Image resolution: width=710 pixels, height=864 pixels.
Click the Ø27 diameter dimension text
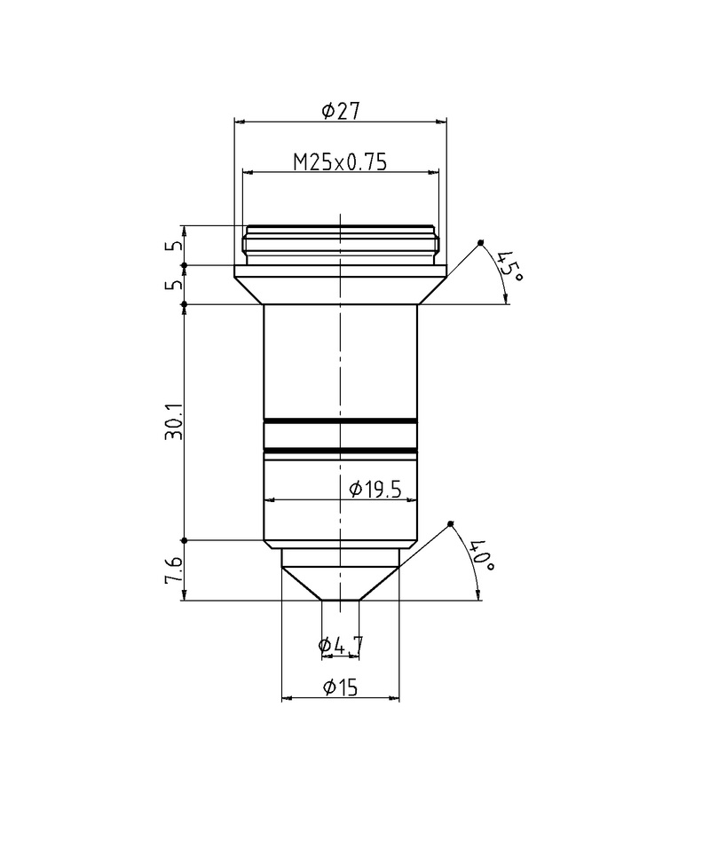pos(340,111)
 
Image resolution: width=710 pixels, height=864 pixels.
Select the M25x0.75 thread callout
pos(341,162)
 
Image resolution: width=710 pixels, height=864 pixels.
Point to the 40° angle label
pos(480,555)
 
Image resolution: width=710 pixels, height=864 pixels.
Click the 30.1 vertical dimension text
pos(174,422)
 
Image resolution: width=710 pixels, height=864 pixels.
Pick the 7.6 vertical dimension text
pos(174,570)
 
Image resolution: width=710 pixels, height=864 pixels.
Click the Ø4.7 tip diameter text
pos(340,646)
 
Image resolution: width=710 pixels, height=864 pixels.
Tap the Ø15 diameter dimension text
pos(340,687)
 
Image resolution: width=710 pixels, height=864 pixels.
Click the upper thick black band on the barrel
pos(340,420)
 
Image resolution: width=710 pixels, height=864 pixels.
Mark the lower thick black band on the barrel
pos(340,452)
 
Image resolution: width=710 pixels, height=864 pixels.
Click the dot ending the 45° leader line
pos(480,242)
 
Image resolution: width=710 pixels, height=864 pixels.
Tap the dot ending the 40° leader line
pos(451,523)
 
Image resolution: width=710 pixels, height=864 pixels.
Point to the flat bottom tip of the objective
pos(340,601)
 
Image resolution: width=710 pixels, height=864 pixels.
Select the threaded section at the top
pos(340,245)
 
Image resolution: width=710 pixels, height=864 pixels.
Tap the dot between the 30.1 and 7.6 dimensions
pos(184,540)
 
